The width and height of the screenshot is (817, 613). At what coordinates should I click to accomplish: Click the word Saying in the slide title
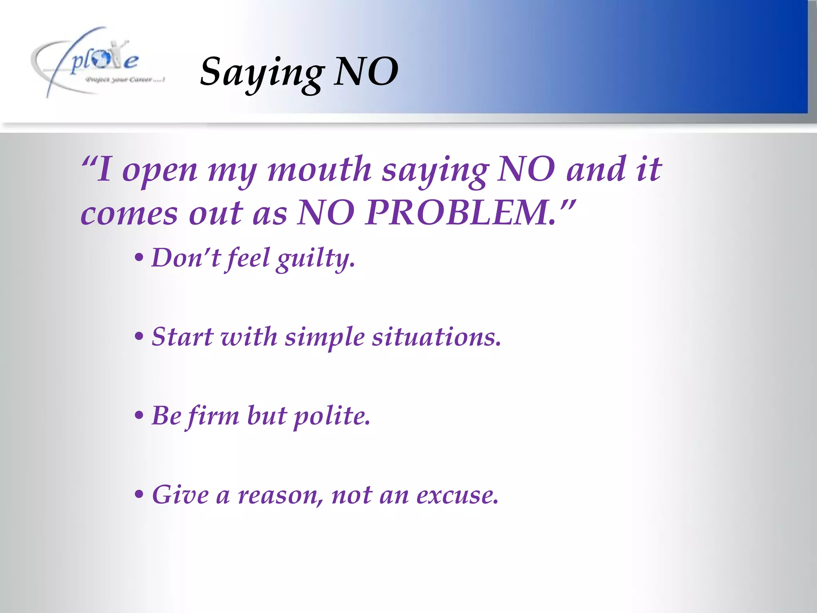point(261,72)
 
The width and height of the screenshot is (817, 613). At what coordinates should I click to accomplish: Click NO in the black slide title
point(366,71)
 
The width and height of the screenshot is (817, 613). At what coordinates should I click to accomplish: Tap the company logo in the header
point(96,62)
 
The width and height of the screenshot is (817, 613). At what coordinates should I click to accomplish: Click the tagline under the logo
point(125,80)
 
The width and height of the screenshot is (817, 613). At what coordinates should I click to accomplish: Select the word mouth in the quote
point(320,169)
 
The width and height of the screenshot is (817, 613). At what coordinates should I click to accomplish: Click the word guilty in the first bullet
point(316,259)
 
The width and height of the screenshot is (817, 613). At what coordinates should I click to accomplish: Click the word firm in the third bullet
point(213,416)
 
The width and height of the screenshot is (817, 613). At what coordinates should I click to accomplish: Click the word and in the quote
point(596,169)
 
